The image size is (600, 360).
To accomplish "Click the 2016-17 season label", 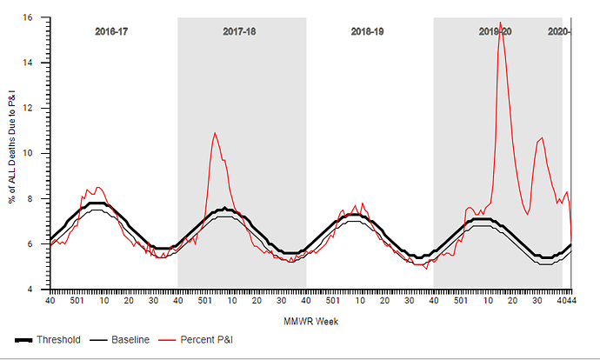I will (110, 31).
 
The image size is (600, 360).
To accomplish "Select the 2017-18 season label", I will (239, 31).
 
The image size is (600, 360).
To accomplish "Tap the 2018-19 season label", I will (368, 31).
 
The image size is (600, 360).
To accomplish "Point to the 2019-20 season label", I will (496, 31).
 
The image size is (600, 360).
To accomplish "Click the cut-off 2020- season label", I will (559, 31).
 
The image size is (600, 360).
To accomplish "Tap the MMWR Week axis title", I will (310, 321).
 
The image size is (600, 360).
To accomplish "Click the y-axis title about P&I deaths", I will (12, 153).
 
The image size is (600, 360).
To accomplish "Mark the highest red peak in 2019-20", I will (500, 23).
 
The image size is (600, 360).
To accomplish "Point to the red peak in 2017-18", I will (215, 133).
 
